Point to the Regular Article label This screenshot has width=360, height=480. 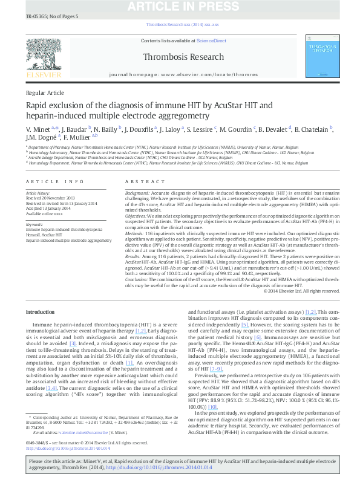45,92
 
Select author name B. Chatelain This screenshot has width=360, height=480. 312,129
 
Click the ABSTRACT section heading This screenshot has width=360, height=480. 141,181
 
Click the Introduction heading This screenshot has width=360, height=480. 40,311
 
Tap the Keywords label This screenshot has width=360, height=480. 34,224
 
